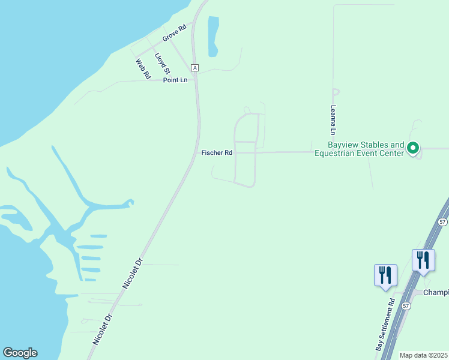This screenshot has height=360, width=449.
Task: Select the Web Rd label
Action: [x=142, y=69]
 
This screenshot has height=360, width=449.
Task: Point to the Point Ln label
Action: [x=175, y=80]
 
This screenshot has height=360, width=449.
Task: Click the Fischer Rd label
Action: [x=217, y=153]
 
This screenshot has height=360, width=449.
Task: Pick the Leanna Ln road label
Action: [x=332, y=119]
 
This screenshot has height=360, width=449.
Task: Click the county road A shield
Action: [x=194, y=67]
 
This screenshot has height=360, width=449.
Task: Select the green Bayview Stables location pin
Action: [x=413, y=148]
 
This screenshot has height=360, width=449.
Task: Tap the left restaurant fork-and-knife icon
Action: [x=385, y=275]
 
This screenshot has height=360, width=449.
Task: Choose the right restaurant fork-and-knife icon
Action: [x=423, y=260]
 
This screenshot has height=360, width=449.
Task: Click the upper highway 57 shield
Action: [x=442, y=221]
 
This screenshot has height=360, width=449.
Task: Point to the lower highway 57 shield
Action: [x=406, y=305]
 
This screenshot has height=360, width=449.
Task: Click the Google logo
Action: [x=20, y=353]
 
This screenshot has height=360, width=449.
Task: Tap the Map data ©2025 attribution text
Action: [x=423, y=355]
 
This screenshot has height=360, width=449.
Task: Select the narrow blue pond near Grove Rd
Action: [x=212, y=36]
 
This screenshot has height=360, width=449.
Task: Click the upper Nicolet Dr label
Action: [x=133, y=274]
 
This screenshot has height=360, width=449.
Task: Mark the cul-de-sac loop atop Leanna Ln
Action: [x=336, y=92]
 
